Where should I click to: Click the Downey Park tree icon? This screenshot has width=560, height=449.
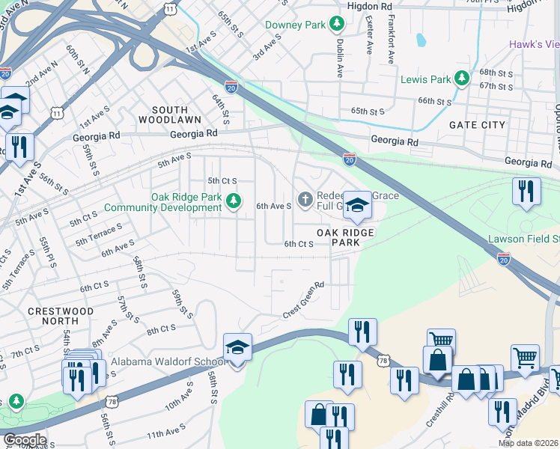coord(337,25)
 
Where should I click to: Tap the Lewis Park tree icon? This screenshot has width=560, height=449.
coord(463,78)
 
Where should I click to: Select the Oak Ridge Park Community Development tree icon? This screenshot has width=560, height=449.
coord(234,200)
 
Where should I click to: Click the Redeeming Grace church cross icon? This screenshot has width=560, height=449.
coord(304,199)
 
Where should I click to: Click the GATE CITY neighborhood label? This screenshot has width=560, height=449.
coord(477,125)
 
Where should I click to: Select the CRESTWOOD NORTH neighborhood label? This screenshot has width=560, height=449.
coord(61,317)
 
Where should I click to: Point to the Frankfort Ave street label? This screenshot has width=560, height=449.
coord(390,37)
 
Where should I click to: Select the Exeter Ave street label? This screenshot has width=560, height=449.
coord(369,37)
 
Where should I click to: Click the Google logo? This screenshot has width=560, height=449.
coord(24,440)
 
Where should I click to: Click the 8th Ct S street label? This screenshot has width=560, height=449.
coord(161,329)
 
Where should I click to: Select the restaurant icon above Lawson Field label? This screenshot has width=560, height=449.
coord(526,191)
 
